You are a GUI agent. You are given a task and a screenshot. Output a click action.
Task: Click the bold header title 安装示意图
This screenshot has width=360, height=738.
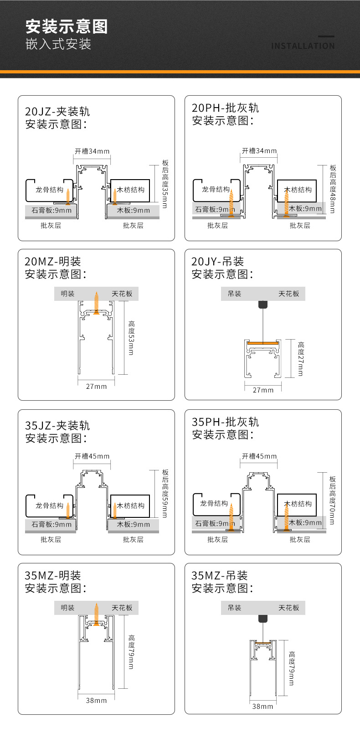[x=67, y=26]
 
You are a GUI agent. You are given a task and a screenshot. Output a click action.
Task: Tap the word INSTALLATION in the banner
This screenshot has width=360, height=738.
[x=303, y=46]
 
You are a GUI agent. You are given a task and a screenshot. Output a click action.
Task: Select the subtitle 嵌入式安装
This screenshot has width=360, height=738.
[x=58, y=44]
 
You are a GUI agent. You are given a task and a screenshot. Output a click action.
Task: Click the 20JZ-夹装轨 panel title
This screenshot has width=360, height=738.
[x=57, y=112]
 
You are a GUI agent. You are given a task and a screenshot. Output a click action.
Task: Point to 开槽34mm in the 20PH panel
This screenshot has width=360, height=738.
[x=259, y=151]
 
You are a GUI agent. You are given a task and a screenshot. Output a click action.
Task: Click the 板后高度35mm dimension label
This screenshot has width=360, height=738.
[x=165, y=184]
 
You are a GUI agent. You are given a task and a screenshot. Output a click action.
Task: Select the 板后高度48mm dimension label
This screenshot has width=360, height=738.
[x=333, y=189]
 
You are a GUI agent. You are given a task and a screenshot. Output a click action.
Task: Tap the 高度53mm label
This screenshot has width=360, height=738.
[x=131, y=338]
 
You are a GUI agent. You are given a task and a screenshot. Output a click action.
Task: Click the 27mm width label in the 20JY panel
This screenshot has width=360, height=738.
[x=263, y=390]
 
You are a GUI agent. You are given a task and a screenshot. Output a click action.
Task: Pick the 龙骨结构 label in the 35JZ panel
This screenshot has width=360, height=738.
[x=49, y=506]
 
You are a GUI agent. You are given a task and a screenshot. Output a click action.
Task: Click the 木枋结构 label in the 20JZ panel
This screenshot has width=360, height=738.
[x=131, y=190]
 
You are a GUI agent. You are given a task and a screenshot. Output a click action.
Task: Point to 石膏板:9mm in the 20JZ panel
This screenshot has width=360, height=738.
[x=51, y=210]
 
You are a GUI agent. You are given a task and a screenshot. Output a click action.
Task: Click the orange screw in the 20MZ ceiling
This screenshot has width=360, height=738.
[x=96, y=303]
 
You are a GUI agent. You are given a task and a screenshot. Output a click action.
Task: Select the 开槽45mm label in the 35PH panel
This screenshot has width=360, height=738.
[x=259, y=456]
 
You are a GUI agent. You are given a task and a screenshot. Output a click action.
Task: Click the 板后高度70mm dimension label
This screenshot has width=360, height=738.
[x=333, y=500]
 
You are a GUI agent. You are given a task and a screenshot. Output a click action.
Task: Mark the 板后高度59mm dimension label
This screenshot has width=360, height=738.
[x=165, y=494]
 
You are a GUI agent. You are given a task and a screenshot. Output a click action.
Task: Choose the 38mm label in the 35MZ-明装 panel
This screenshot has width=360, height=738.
[x=96, y=700]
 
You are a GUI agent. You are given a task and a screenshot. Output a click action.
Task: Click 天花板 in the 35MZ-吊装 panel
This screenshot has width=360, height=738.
[x=289, y=608]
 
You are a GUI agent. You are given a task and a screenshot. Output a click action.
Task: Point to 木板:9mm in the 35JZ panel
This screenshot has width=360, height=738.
[x=134, y=524]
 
